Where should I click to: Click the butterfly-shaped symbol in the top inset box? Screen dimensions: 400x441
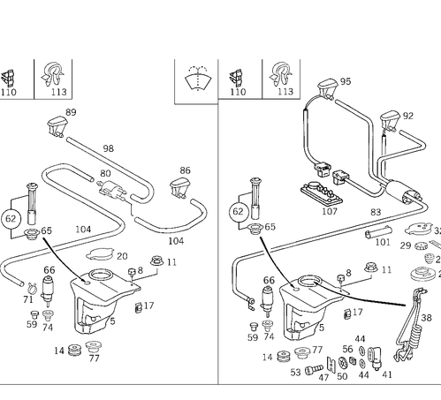[196, 79]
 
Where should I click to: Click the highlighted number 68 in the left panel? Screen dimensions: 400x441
[49, 269]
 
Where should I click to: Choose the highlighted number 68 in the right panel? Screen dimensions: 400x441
[269, 280]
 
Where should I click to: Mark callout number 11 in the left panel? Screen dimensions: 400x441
[171, 261]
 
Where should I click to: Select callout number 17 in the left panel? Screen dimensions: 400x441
[148, 306]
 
